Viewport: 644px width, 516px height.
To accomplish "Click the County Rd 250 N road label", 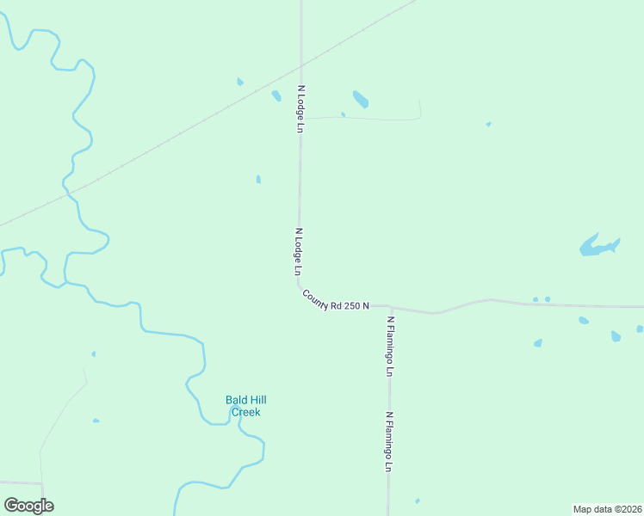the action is pos(336,301).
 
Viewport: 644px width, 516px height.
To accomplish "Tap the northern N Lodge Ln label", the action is pos(300,108).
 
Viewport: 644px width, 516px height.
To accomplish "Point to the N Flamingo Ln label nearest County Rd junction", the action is pos(390,346).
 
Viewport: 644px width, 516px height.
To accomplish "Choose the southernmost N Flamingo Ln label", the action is pos(389,442).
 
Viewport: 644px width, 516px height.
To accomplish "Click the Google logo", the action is pos(28,506).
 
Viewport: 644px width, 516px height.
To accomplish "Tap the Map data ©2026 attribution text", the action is pos(607,509).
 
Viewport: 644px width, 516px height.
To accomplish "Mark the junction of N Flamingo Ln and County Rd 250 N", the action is pos(390,307).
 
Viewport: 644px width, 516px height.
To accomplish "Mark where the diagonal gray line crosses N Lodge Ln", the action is pos(300,64).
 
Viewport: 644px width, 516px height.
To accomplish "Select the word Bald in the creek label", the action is pos(236,400).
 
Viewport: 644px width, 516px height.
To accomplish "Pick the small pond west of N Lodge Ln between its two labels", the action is pos(258,179).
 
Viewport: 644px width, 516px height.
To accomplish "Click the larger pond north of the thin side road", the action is pos(361,99).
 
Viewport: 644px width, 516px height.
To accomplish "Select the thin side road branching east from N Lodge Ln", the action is pos(370,118).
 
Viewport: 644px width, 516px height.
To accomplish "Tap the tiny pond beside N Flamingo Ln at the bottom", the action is pos(418,501).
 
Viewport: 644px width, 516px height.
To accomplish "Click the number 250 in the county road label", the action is pos(353,304).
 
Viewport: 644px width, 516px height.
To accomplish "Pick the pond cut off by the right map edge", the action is pos(640,329).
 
